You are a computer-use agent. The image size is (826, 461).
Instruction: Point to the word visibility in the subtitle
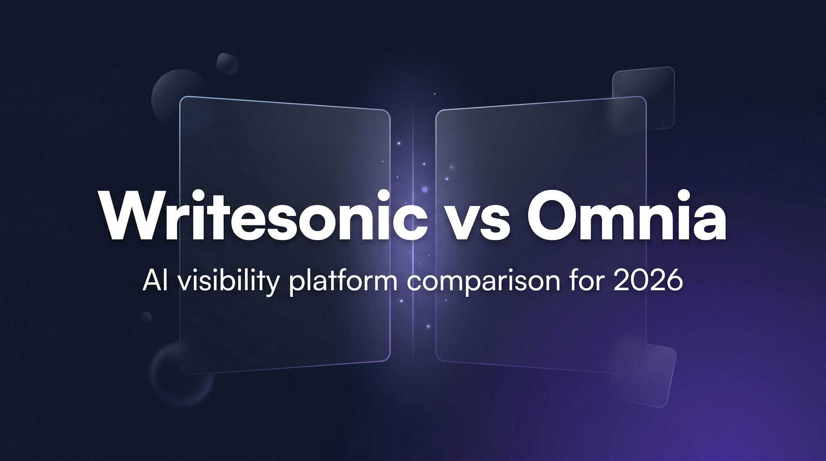(228, 281)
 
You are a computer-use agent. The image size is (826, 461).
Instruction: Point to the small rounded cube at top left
(227, 63)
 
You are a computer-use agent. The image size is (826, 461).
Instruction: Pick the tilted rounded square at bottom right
(645, 375)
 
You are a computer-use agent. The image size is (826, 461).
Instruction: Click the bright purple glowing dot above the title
(424, 189)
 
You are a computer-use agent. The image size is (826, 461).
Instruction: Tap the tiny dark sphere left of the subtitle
(146, 317)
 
